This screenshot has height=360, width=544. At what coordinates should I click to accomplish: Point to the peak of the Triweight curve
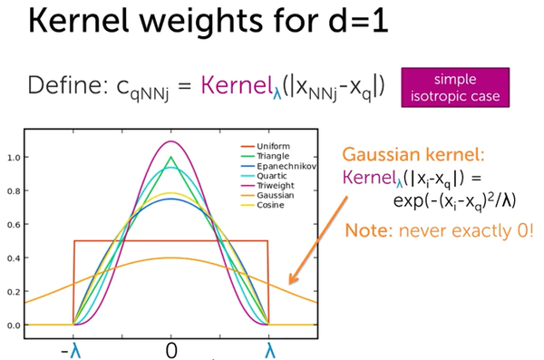[x=170, y=141]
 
